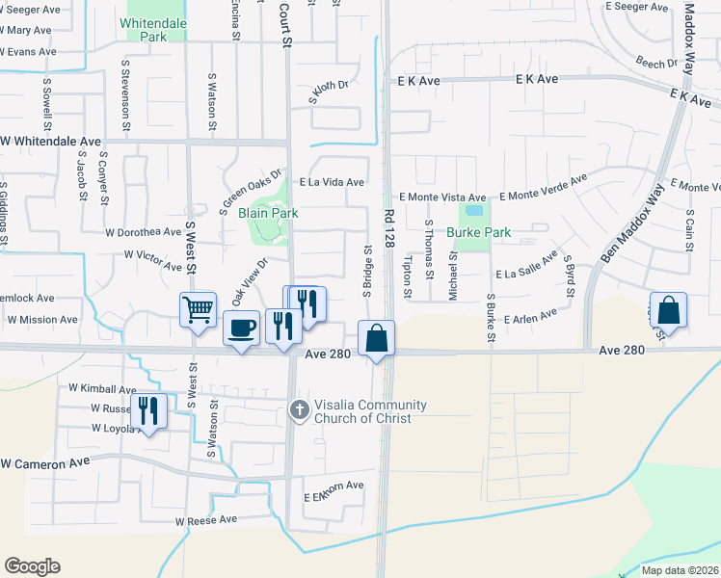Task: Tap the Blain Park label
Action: coord(268,213)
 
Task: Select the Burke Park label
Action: coord(478,232)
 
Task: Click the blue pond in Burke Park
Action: coord(473,210)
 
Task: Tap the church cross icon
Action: coord(299,411)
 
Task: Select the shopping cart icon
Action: coord(198,310)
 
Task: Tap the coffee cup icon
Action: coord(241,328)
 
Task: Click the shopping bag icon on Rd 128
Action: coord(376,338)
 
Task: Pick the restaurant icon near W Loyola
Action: coord(148,410)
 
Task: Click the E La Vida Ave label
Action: coord(332,182)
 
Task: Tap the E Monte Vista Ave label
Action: coord(444,197)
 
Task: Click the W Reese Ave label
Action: coord(205,520)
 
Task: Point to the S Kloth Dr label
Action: coord(327,92)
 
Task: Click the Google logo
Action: coord(32,566)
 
